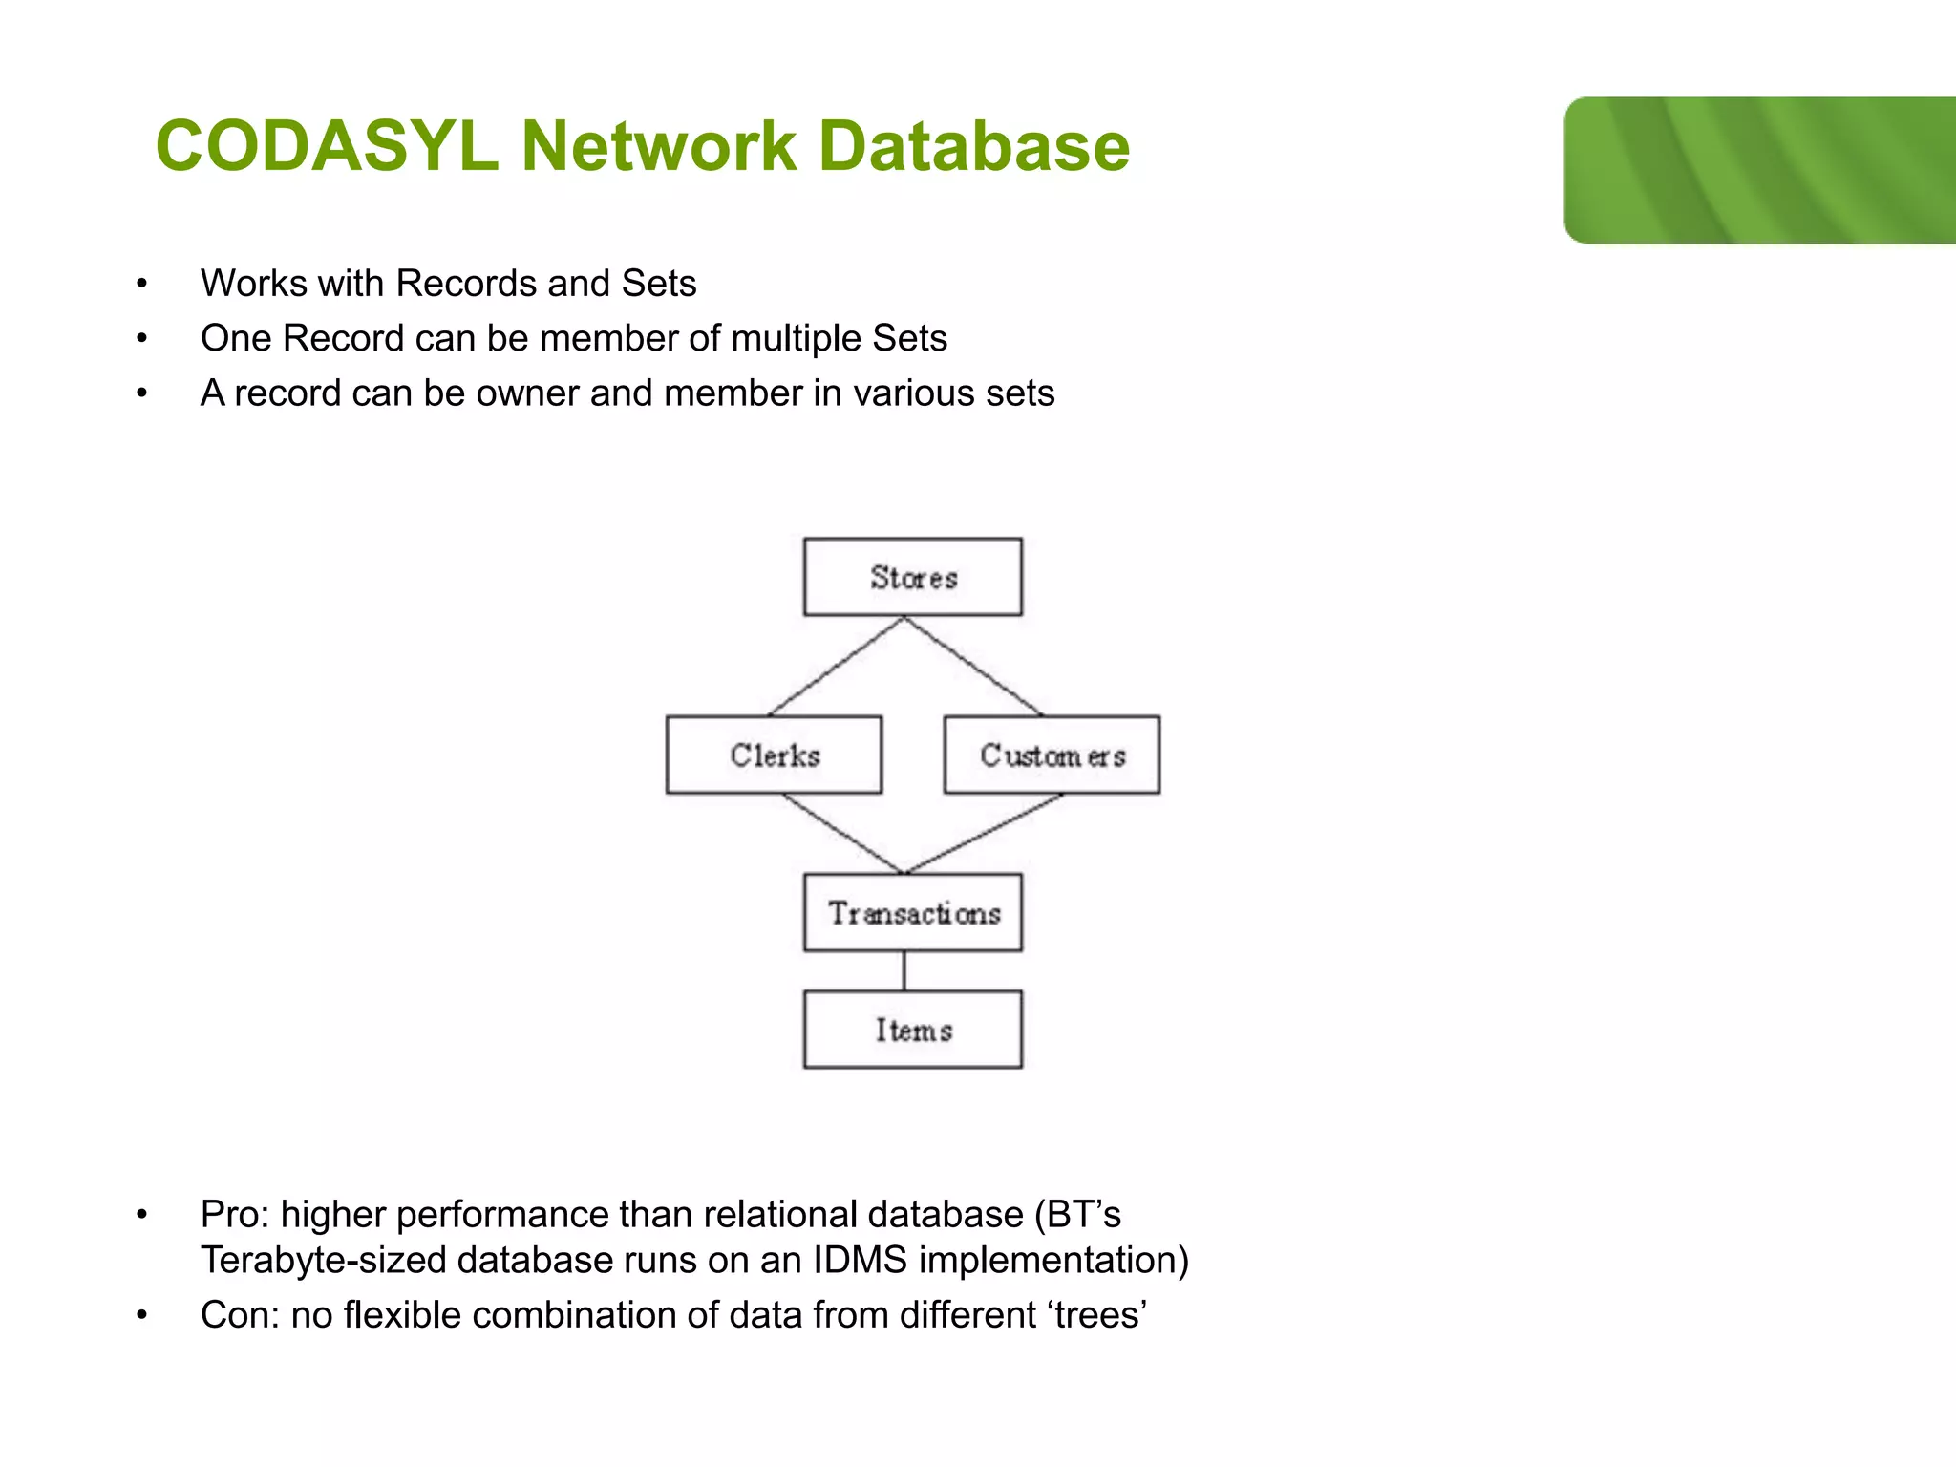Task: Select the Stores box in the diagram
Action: coord(912,577)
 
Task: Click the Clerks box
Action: coord(774,755)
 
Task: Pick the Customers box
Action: coord(1052,755)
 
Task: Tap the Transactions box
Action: coord(912,912)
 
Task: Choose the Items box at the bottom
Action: coord(912,1030)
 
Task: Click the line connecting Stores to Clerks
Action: coord(837,666)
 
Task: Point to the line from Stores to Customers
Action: coord(973,666)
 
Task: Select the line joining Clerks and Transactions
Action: coord(841,833)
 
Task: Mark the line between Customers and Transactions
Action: coord(984,833)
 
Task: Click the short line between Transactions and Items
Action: coord(904,970)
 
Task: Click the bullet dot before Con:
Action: coord(141,1315)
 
